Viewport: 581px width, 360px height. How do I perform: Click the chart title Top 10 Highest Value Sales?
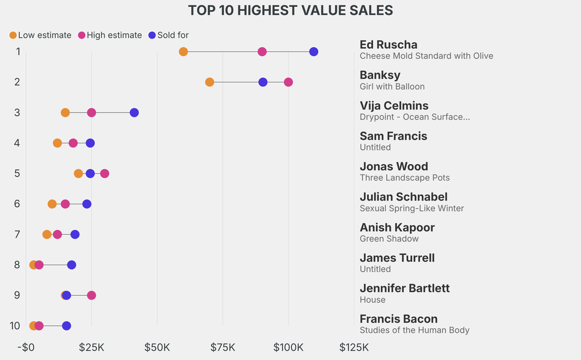[x=290, y=10]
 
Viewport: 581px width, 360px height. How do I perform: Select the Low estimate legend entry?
[x=40, y=35]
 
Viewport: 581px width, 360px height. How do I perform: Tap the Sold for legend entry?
[x=168, y=35]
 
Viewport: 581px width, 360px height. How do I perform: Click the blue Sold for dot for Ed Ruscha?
[x=314, y=52]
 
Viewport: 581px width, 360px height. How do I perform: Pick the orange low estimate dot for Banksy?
[x=209, y=82]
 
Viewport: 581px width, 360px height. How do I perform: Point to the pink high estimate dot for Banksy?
[x=288, y=82]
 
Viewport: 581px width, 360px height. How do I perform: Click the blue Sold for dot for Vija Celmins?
[x=134, y=112]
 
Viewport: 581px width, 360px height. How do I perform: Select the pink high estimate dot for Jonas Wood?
[x=104, y=173]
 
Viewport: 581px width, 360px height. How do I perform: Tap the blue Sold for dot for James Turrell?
[x=71, y=265]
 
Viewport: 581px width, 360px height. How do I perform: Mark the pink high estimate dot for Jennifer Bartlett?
[x=91, y=295]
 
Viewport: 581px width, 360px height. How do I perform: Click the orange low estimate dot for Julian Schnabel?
[x=52, y=204]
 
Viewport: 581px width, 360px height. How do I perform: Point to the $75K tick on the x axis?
[x=222, y=347]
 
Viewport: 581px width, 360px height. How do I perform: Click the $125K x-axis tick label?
[x=353, y=347]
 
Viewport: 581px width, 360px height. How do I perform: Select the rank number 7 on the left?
[x=18, y=234]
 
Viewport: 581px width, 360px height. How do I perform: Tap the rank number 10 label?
[x=15, y=325]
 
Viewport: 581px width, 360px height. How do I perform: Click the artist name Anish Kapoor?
[x=397, y=227]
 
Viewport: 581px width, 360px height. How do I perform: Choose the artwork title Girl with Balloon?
[x=392, y=86]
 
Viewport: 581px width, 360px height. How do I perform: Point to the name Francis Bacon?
[x=398, y=319]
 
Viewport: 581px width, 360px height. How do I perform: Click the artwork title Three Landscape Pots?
[x=405, y=178]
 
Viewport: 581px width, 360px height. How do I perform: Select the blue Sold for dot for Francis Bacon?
[x=66, y=326]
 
